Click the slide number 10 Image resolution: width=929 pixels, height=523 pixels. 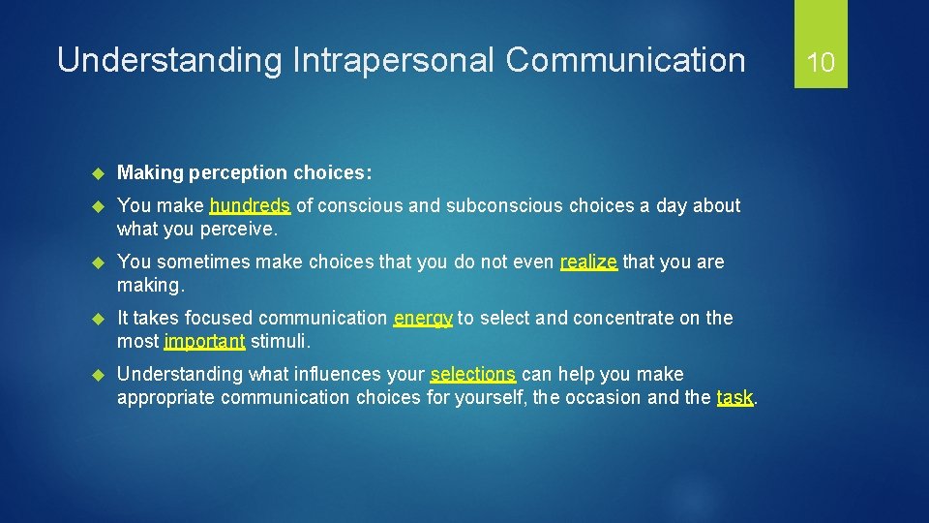(x=821, y=63)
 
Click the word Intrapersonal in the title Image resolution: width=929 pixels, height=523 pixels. (x=391, y=60)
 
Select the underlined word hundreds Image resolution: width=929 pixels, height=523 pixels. (x=250, y=205)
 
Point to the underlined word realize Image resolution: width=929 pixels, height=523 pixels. (x=588, y=261)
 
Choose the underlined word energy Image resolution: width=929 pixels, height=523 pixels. (x=423, y=318)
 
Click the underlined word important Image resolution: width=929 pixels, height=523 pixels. (x=204, y=341)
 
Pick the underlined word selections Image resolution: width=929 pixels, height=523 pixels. (x=473, y=374)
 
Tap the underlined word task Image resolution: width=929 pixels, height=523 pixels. (x=734, y=397)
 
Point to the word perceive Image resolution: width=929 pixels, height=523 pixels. (x=238, y=229)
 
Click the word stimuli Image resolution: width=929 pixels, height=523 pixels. (x=281, y=341)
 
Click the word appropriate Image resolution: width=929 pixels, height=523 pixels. (x=165, y=397)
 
